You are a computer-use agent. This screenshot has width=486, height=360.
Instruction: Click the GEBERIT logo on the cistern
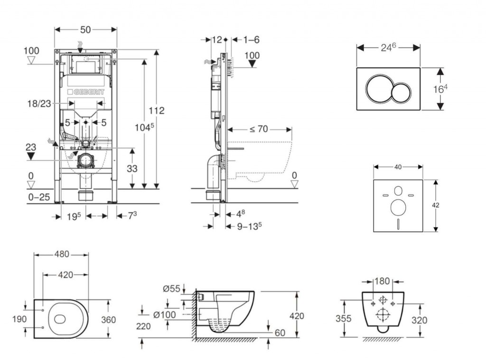point(86,92)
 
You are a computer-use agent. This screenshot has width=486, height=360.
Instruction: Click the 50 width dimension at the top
point(85,29)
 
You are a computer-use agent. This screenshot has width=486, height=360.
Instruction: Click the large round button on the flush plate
point(378,89)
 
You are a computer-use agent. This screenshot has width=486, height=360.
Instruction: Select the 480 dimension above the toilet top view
point(61,254)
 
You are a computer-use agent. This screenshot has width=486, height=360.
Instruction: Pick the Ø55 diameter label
point(171,289)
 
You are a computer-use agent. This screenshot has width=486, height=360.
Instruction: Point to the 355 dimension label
point(344,318)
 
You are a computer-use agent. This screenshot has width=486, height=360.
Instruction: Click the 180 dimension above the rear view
point(382,280)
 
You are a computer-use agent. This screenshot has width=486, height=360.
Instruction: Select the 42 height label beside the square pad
point(436,205)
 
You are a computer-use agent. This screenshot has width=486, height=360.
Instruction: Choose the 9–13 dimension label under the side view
point(250,227)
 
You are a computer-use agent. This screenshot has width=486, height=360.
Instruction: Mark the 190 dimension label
point(19,319)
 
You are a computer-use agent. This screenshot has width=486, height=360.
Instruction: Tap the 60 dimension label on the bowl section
point(280,333)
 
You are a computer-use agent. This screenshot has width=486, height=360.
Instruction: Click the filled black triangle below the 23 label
point(31,156)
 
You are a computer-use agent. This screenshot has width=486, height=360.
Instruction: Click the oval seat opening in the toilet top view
point(60,319)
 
